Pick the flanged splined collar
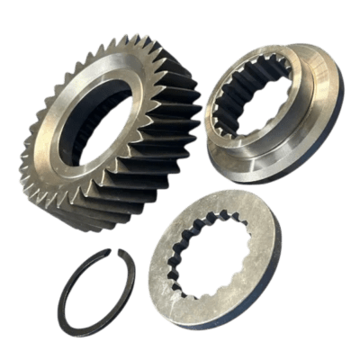click(270, 108)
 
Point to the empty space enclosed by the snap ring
click(94, 292)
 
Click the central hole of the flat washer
click(214, 256)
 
